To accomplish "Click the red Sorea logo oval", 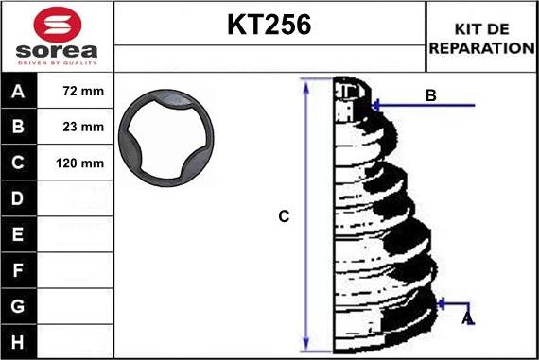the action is tap(58, 25).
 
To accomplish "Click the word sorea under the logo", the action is tap(57, 51).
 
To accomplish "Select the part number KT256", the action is tap(269, 25).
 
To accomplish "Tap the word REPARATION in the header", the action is tap(482, 48).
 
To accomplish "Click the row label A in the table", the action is tap(18, 92).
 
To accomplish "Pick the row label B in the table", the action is tap(18, 127).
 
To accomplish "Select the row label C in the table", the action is tap(18, 163).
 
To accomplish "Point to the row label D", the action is tap(18, 198).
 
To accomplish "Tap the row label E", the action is tap(18, 234).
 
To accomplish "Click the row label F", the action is tap(18, 270).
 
